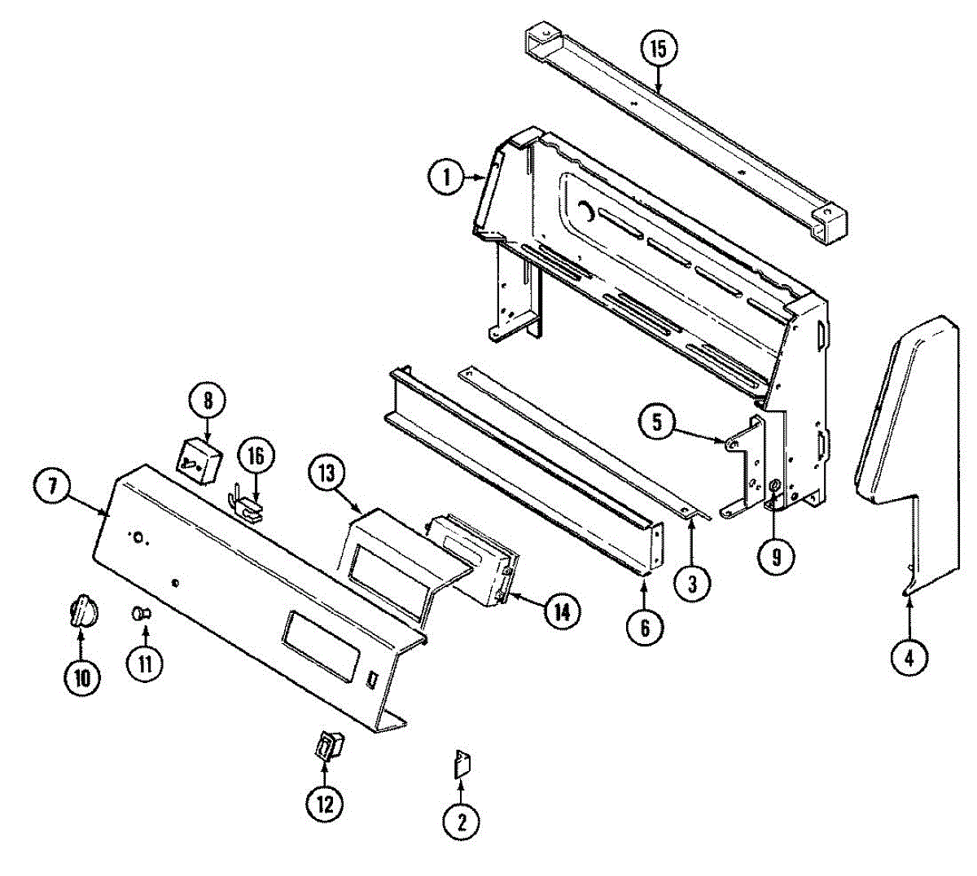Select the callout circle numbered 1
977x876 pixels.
coord(447,177)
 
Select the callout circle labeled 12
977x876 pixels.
coord(325,804)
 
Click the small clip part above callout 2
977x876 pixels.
coord(462,765)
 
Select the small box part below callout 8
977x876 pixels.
coord(199,459)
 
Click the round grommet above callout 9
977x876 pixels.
coord(774,487)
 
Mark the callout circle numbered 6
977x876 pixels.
coord(645,627)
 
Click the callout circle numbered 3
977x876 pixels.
coord(692,583)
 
